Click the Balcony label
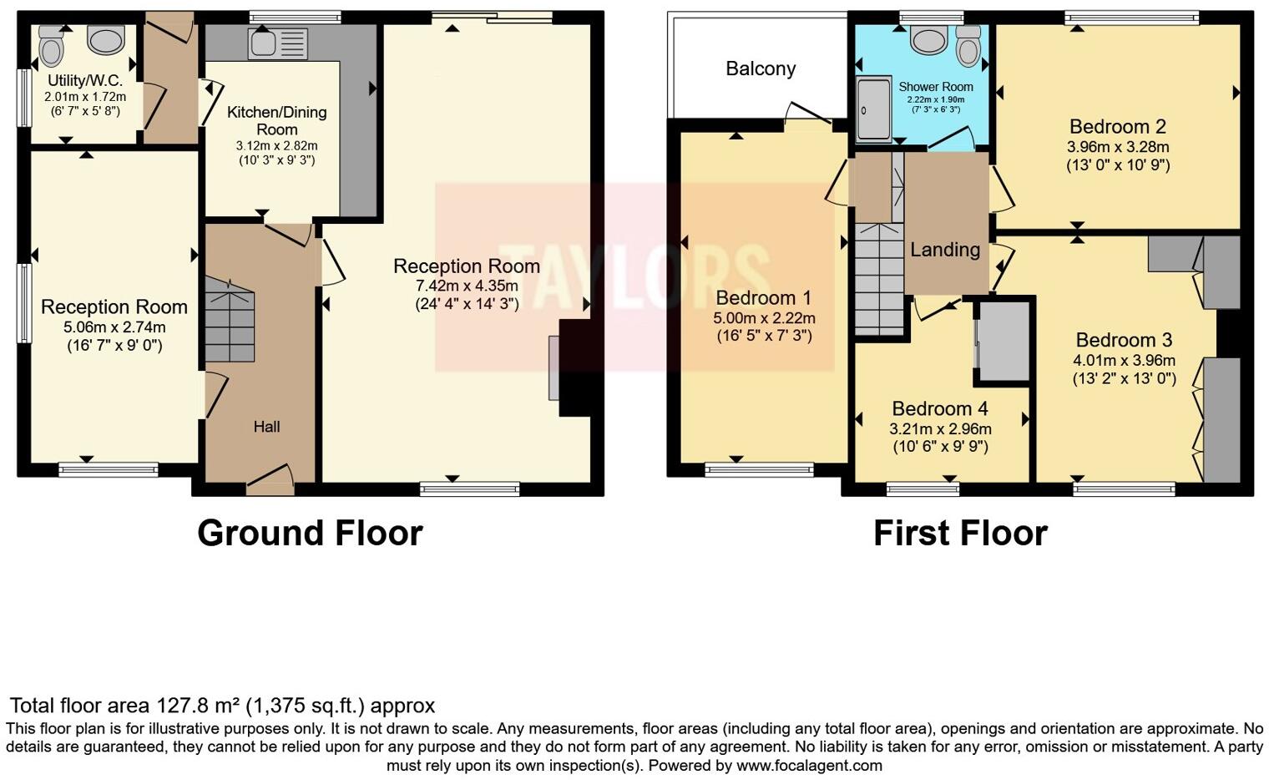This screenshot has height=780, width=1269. click(x=761, y=68)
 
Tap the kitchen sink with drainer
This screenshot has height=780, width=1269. click(x=277, y=43)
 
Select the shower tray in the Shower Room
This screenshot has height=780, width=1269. click(x=873, y=109)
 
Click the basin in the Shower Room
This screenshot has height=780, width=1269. click(x=928, y=41)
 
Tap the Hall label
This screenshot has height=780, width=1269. click(x=266, y=426)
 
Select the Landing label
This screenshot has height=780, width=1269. click(x=945, y=250)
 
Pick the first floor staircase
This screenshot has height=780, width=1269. click(x=879, y=280)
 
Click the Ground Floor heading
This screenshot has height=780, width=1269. click(x=310, y=534)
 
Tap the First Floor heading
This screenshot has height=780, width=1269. click(x=960, y=534)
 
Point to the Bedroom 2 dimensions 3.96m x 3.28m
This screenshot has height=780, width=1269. click(x=1118, y=147)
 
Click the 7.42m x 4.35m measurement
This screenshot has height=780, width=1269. click(x=467, y=286)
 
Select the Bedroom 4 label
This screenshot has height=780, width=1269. click(x=940, y=408)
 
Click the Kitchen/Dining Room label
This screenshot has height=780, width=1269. click(x=276, y=120)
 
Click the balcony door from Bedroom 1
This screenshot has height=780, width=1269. click(x=808, y=114)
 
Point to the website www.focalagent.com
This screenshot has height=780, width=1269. click(x=810, y=766)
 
